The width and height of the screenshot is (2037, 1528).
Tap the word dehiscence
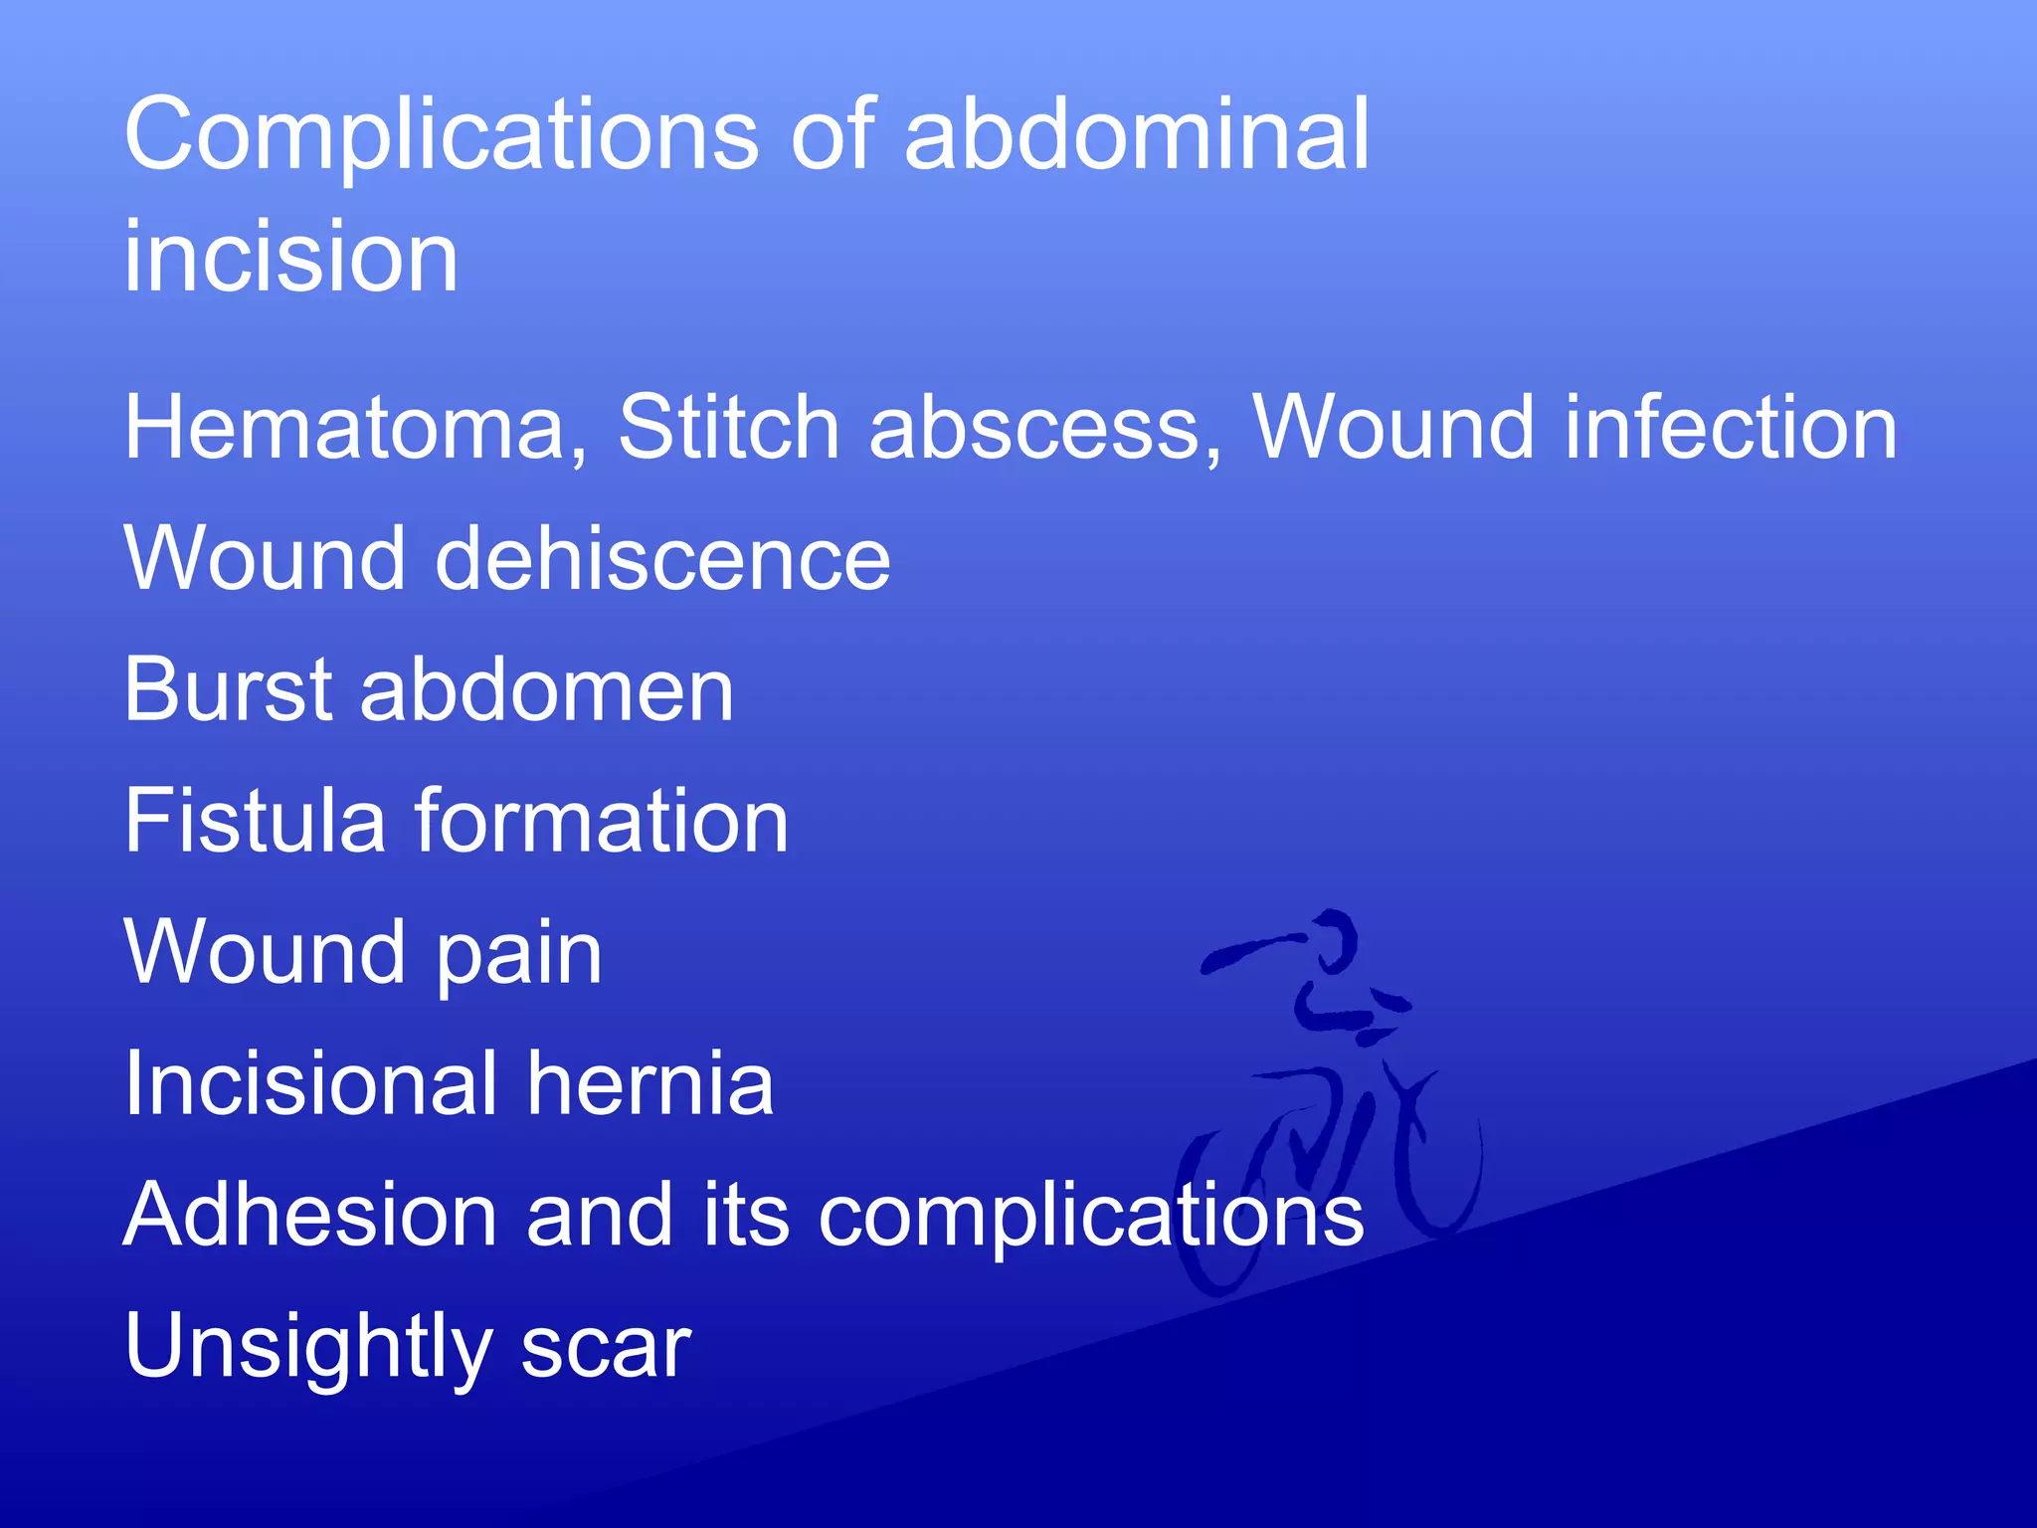(x=661, y=558)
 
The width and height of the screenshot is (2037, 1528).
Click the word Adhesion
(x=309, y=1215)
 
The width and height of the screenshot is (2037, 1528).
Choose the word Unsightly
(x=307, y=1348)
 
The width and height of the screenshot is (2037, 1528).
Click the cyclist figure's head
(x=1333, y=940)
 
